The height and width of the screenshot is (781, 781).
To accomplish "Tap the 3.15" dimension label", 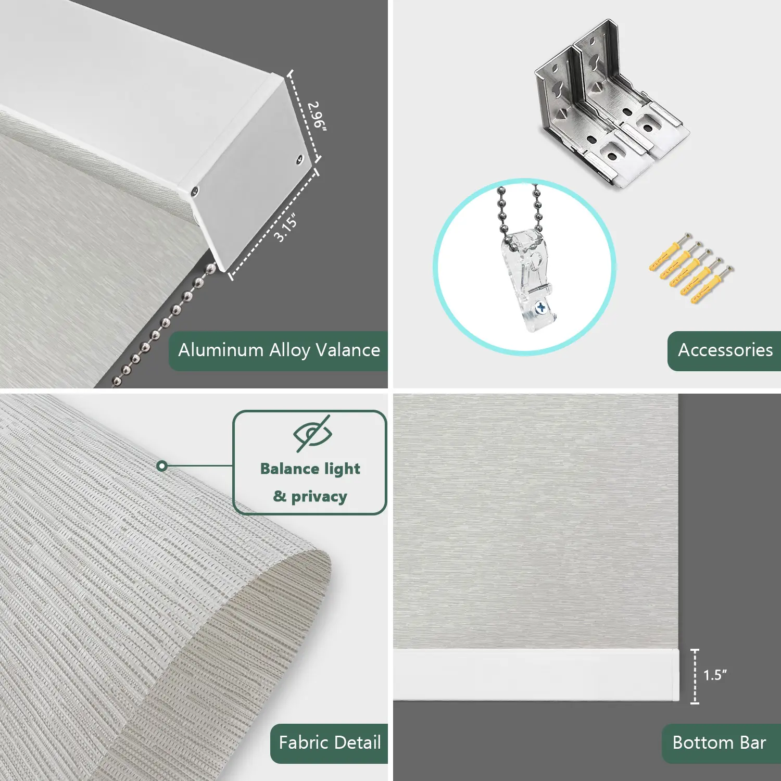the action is (x=286, y=228).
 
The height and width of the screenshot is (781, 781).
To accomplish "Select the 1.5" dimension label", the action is (x=715, y=675).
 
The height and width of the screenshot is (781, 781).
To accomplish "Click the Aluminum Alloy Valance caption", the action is (x=279, y=350).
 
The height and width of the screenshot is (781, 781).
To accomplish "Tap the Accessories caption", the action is (x=725, y=350).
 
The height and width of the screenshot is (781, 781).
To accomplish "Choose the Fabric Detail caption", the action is (x=330, y=742).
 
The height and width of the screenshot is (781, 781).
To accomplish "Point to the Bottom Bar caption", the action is (x=719, y=742).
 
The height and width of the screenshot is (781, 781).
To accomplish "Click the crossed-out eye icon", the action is (x=312, y=433).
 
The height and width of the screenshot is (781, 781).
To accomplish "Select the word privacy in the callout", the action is (x=319, y=497).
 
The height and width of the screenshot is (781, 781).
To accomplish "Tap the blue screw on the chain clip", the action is (x=541, y=308).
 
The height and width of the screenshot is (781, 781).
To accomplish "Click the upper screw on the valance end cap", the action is (x=300, y=160).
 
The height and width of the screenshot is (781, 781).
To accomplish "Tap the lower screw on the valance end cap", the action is (x=195, y=192).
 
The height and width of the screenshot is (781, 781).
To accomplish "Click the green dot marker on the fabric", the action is (x=162, y=466).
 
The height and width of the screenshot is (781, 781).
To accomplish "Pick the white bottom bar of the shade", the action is (x=536, y=675).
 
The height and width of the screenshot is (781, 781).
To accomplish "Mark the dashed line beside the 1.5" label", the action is (x=695, y=676).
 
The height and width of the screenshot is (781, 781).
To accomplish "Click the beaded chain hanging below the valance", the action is (x=165, y=325).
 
